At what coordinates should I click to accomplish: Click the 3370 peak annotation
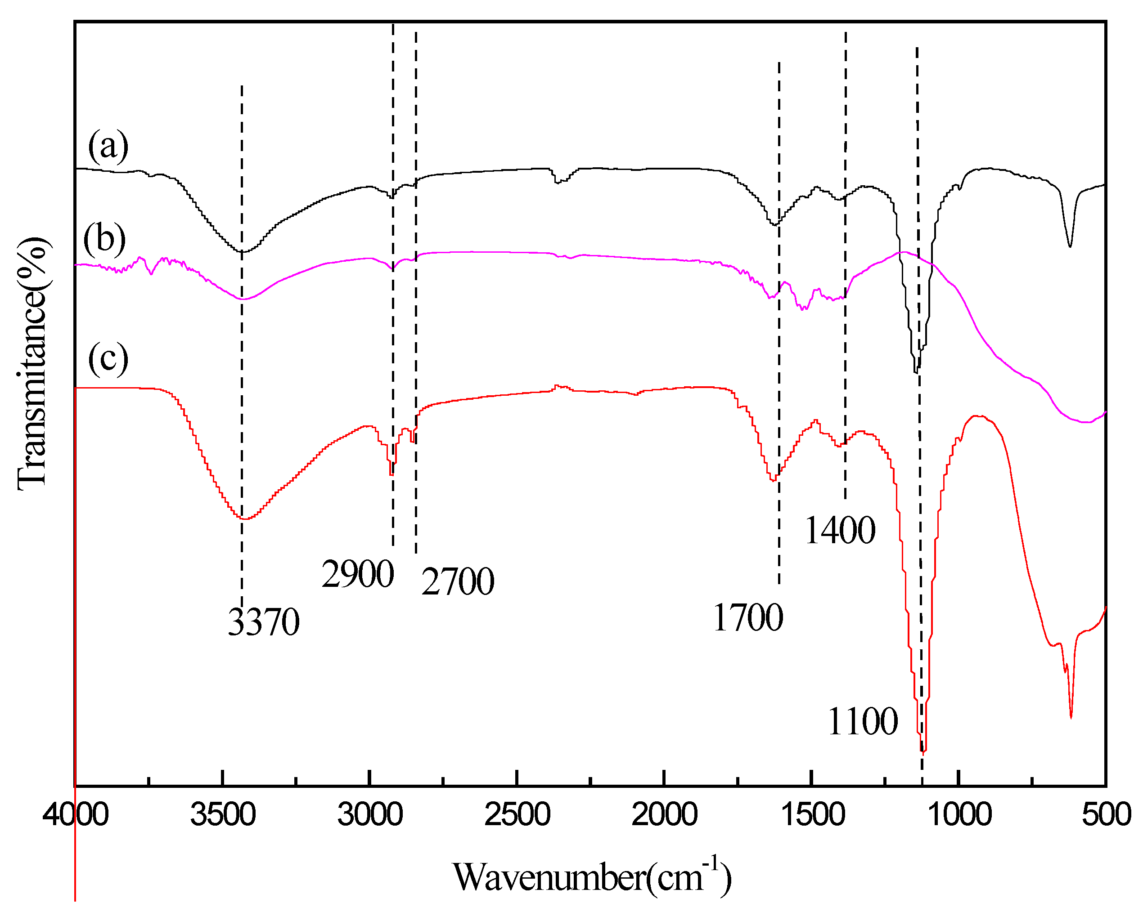point(264,622)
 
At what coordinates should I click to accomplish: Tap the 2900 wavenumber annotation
point(358,574)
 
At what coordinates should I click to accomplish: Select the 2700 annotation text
point(458,582)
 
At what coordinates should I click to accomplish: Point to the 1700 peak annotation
point(748,618)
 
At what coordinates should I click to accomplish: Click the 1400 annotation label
point(840,530)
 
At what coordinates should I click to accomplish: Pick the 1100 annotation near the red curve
point(863,722)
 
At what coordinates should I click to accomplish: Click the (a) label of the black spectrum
point(108,147)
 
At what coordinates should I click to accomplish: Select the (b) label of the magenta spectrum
point(104,238)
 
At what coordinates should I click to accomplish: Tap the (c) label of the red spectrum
point(108,359)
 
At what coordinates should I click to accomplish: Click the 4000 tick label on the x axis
point(76,815)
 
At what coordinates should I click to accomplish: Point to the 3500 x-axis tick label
point(223,815)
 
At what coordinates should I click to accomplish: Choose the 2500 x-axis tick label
point(517,815)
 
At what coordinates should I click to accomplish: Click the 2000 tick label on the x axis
point(664,815)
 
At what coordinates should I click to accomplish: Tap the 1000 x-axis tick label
point(959,815)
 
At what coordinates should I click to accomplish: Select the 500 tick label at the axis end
point(1106,815)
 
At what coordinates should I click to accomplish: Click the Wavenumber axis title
point(592,877)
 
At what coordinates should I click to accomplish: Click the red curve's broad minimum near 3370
point(244,518)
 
